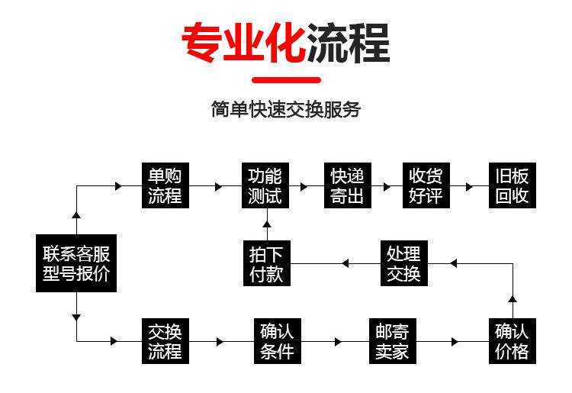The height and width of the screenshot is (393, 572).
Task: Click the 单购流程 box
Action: coord(165,185)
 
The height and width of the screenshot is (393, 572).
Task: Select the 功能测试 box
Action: coord(265,185)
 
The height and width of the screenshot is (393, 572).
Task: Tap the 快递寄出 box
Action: coord(346,185)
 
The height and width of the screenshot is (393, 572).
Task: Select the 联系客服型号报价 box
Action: coord(76,263)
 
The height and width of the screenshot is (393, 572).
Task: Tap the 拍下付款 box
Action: coord(266,263)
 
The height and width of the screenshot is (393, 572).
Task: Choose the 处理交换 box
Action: coord(403,263)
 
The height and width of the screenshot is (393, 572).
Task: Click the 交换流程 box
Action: coord(165,341)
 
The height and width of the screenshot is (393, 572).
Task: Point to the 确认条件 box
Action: coord(277,341)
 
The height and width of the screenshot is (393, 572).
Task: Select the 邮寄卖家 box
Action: coord(392,341)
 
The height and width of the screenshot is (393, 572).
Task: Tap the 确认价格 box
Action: coord(512,341)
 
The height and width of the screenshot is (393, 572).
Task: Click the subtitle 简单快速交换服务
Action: coord(285,109)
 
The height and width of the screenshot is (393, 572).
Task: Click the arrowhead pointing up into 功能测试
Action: coord(266,224)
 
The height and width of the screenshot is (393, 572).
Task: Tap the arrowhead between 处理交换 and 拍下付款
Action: coord(345,263)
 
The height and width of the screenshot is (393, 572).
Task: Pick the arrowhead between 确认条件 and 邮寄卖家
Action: coord(335,341)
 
